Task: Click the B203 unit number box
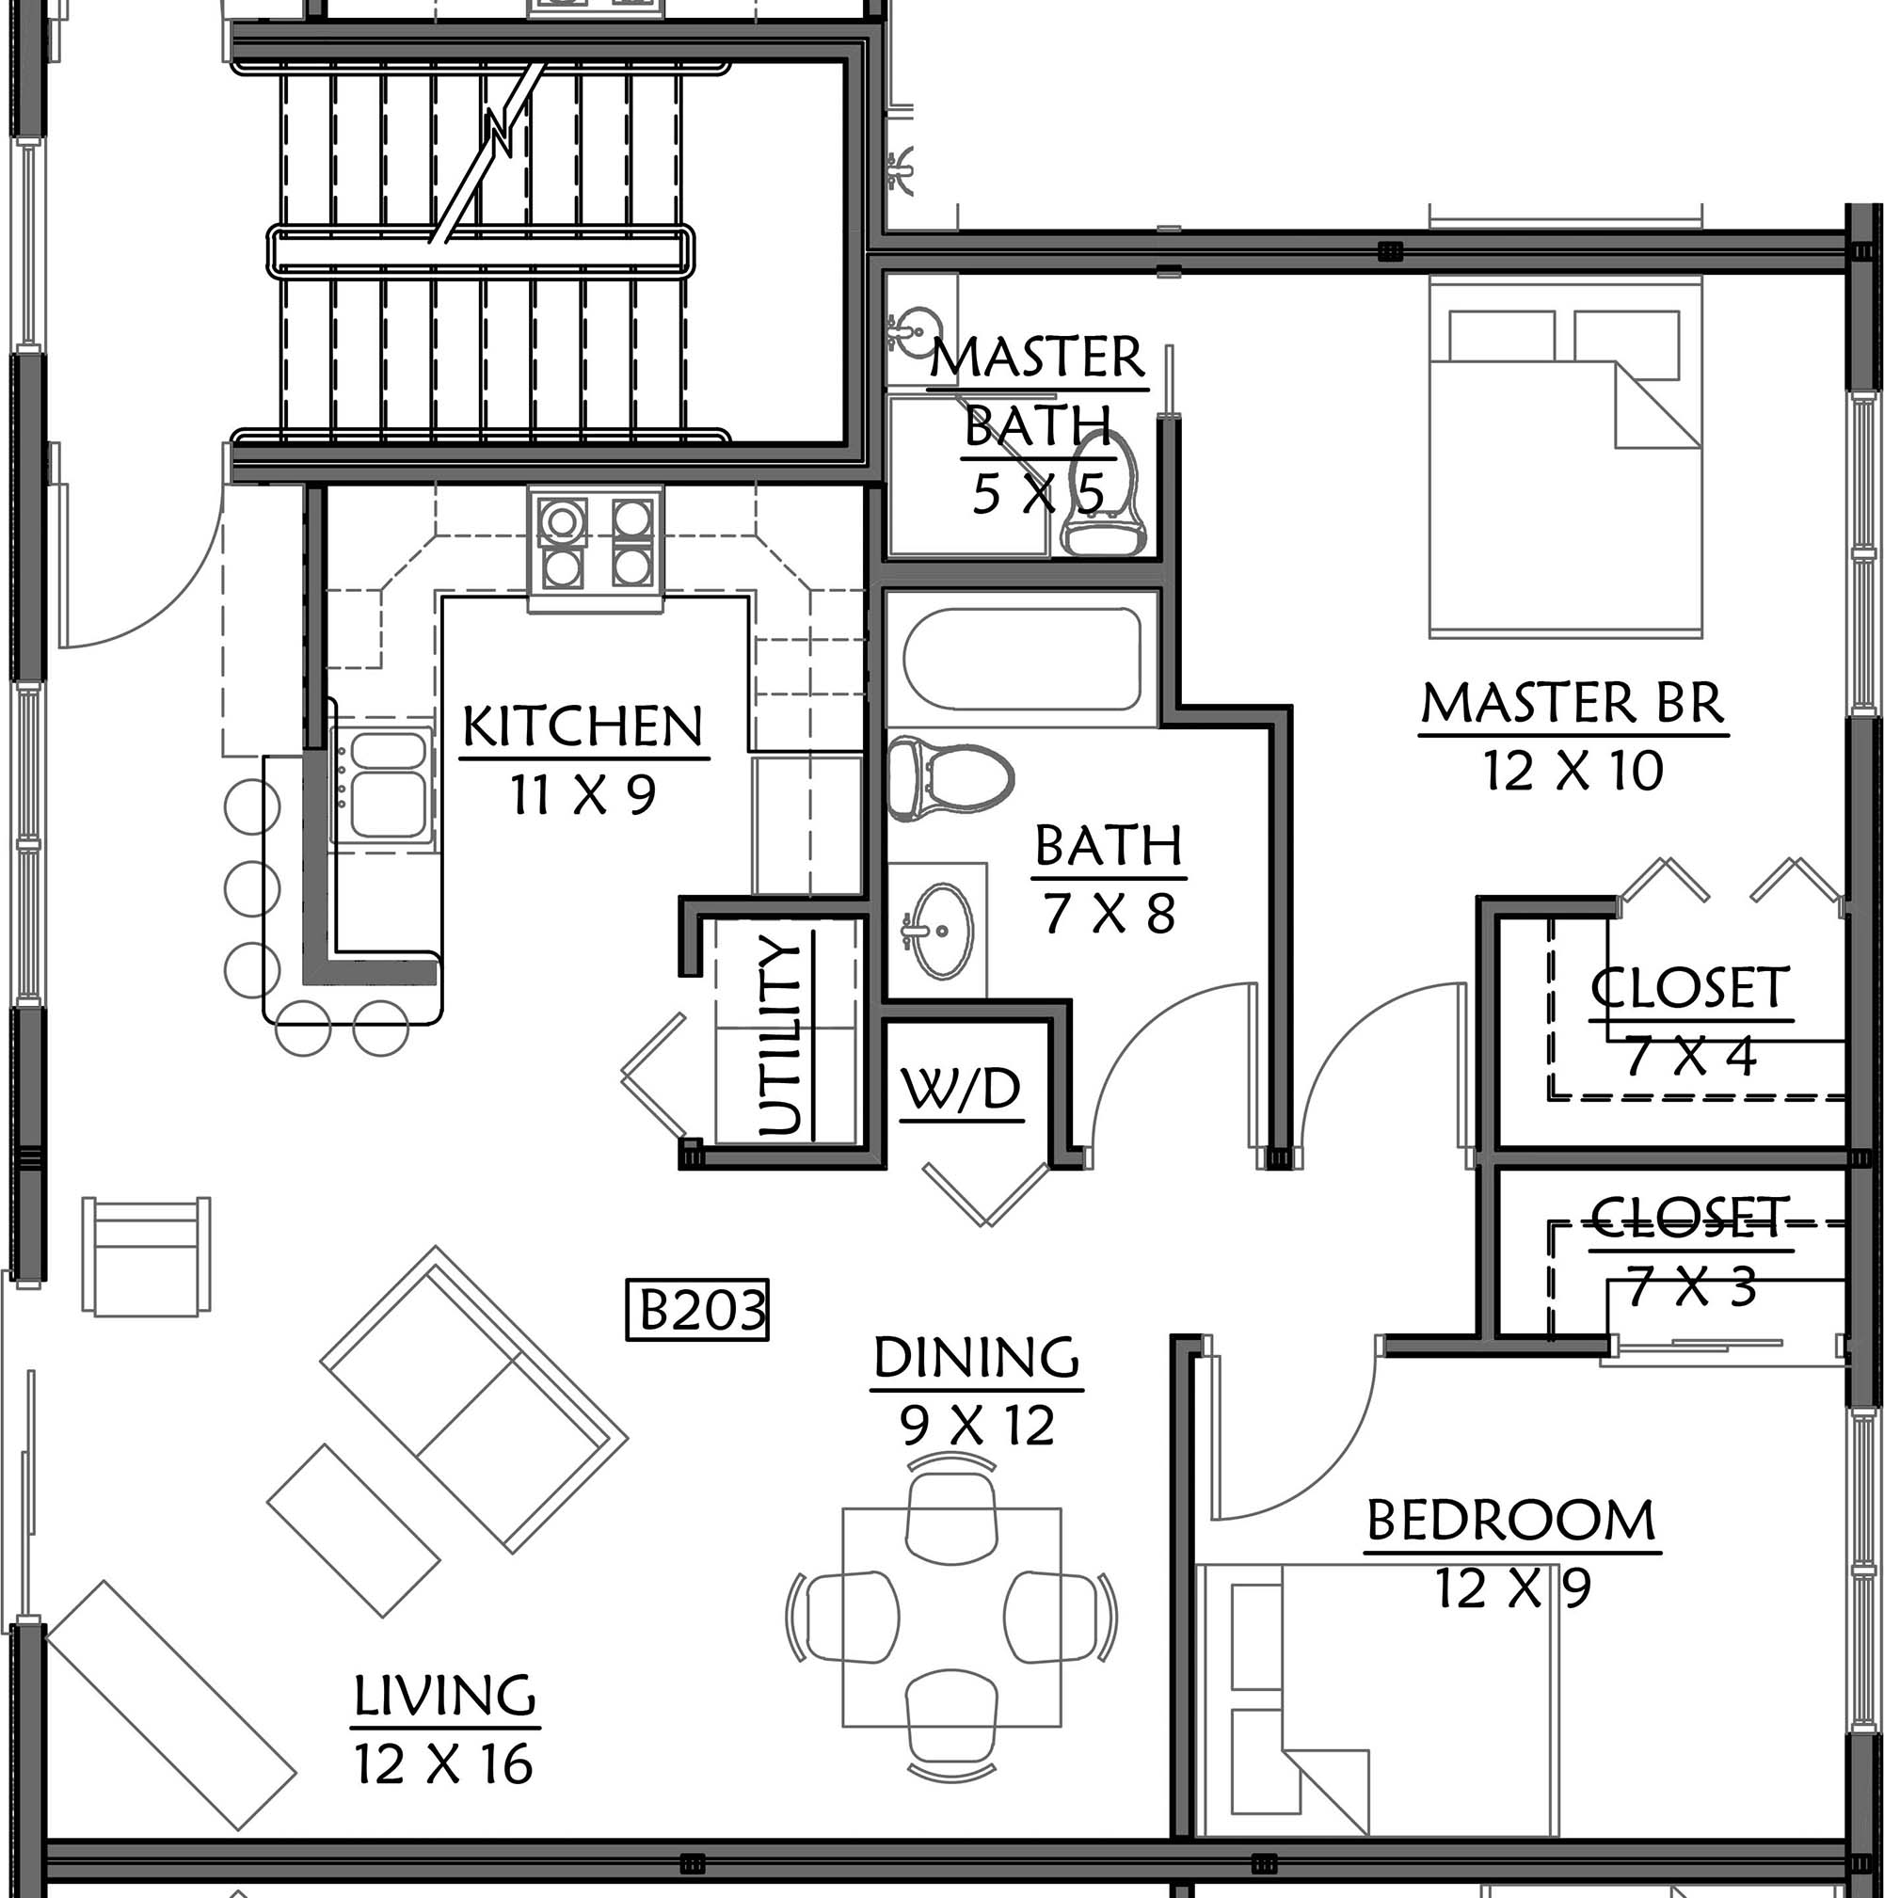(x=697, y=1310)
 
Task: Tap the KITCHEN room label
(x=583, y=727)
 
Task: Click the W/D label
(x=962, y=1089)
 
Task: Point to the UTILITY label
(x=782, y=1035)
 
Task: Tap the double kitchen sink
(x=383, y=786)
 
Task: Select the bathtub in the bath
(x=1022, y=658)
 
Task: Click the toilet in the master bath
(x=1104, y=496)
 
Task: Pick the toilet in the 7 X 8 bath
(x=950, y=781)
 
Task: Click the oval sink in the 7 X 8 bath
(x=937, y=931)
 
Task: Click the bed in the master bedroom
(x=1566, y=459)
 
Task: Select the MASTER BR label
(x=1573, y=705)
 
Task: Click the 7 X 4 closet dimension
(x=1690, y=1057)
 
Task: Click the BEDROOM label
(x=1511, y=1520)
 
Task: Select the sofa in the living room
(x=474, y=1400)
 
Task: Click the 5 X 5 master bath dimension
(x=1038, y=493)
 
